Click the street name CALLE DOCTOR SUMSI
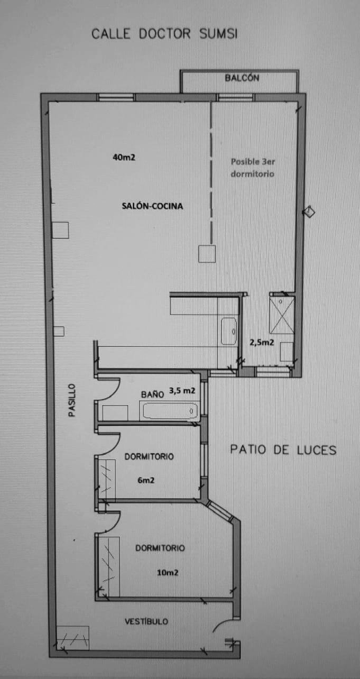pyautogui.click(x=164, y=34)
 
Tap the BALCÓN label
pyautogui.click(x=242, y=78)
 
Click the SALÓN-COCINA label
pyautogui.click(x=152, y=206)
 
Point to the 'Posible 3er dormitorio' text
pyautogui.click(x=253, y=167)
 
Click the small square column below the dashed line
pyautogui.click(x=207, y=254)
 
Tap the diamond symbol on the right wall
pyautogui.click(x=308, y=212)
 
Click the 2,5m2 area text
pyautogui.click(x=262, y=342)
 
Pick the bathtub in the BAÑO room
pyautogui.click(x=169, y=410)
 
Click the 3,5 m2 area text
pyautogui.click(x=182, y=391)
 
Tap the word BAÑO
pyautogui.click(x=152, y=394)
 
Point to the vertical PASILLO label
pyautogui.click(x=72, y=400)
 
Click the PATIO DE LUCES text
pyautogui.click(x=283, y=450)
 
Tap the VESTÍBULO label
pyautogui.click(x=146, y=621)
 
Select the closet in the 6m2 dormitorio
pyautogui.click(x=107, y=480)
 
